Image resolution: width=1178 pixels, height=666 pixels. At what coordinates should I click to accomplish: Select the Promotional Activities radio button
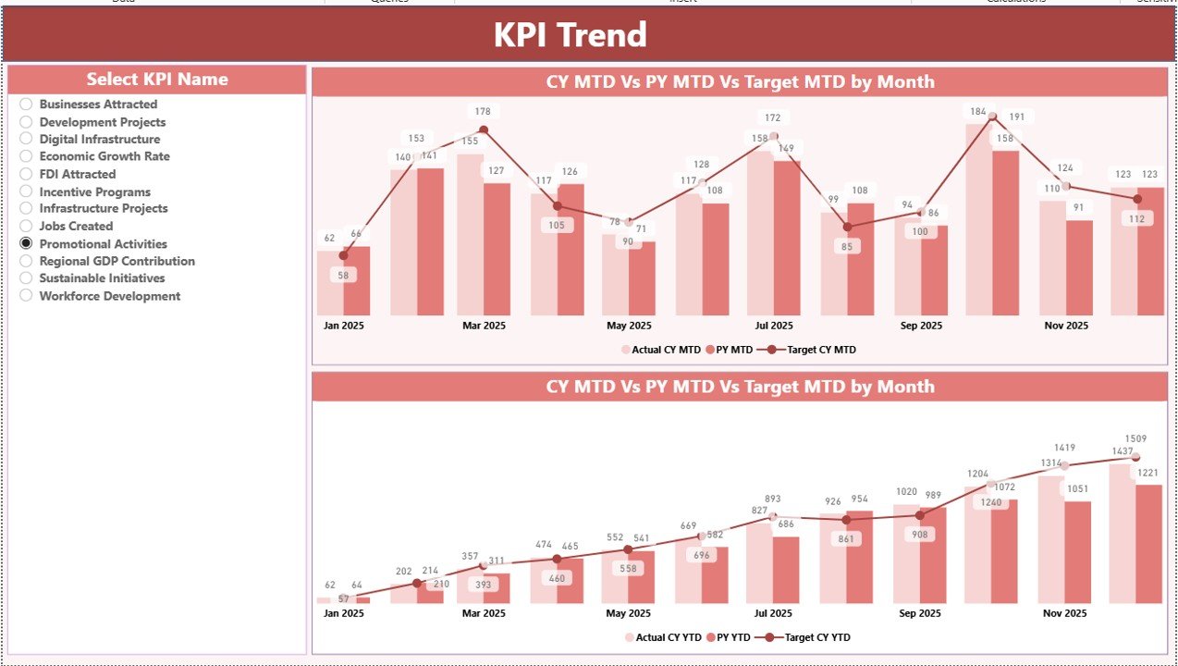26,243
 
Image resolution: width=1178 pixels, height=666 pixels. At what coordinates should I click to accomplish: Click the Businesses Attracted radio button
26,105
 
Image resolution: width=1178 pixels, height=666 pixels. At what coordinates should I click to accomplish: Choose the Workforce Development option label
109,296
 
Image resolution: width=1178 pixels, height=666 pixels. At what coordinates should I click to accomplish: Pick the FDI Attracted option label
77,174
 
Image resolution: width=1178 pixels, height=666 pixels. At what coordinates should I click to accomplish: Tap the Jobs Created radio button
26,226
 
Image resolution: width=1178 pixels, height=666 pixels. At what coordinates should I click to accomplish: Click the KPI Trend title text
570,35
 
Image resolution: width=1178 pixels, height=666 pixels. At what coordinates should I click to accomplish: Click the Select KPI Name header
157,80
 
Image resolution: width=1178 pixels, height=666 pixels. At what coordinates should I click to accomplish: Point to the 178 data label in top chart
483,112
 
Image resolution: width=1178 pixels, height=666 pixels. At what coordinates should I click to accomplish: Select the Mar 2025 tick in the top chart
484,326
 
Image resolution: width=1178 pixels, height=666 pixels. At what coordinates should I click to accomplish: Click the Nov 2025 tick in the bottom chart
1065,613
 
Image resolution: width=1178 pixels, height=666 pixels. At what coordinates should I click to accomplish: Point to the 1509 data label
1135,438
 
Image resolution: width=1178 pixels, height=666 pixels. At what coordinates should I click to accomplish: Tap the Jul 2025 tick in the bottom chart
774,613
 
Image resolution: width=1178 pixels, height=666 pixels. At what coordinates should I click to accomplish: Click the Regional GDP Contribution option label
117,261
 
